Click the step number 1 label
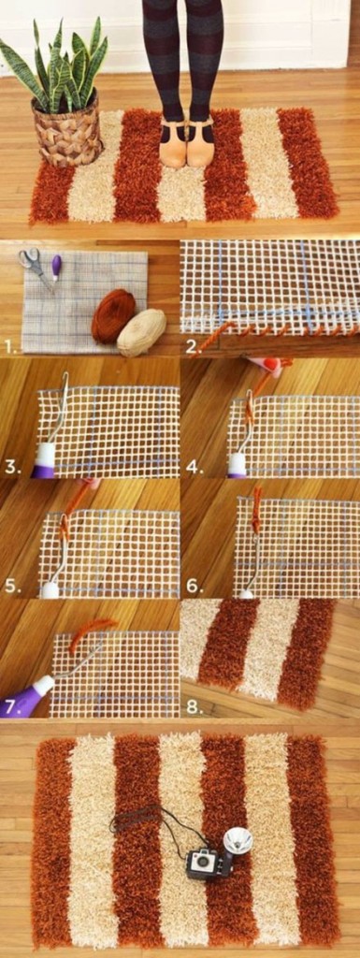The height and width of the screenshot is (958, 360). point(8,346)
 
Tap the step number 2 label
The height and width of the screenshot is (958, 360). point(192,346)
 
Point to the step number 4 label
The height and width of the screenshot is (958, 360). point(193,467)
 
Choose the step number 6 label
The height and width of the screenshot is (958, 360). point(193,587)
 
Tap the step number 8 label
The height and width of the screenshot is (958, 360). point(193,706)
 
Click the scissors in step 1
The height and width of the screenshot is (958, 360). point(34,265)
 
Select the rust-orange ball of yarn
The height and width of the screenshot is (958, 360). point(112,315)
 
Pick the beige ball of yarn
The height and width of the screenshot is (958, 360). point(141,331)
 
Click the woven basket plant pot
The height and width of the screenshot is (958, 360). point(66,131)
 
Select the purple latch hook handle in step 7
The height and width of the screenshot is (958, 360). point(26,698)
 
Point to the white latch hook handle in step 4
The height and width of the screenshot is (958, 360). point(238,463)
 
